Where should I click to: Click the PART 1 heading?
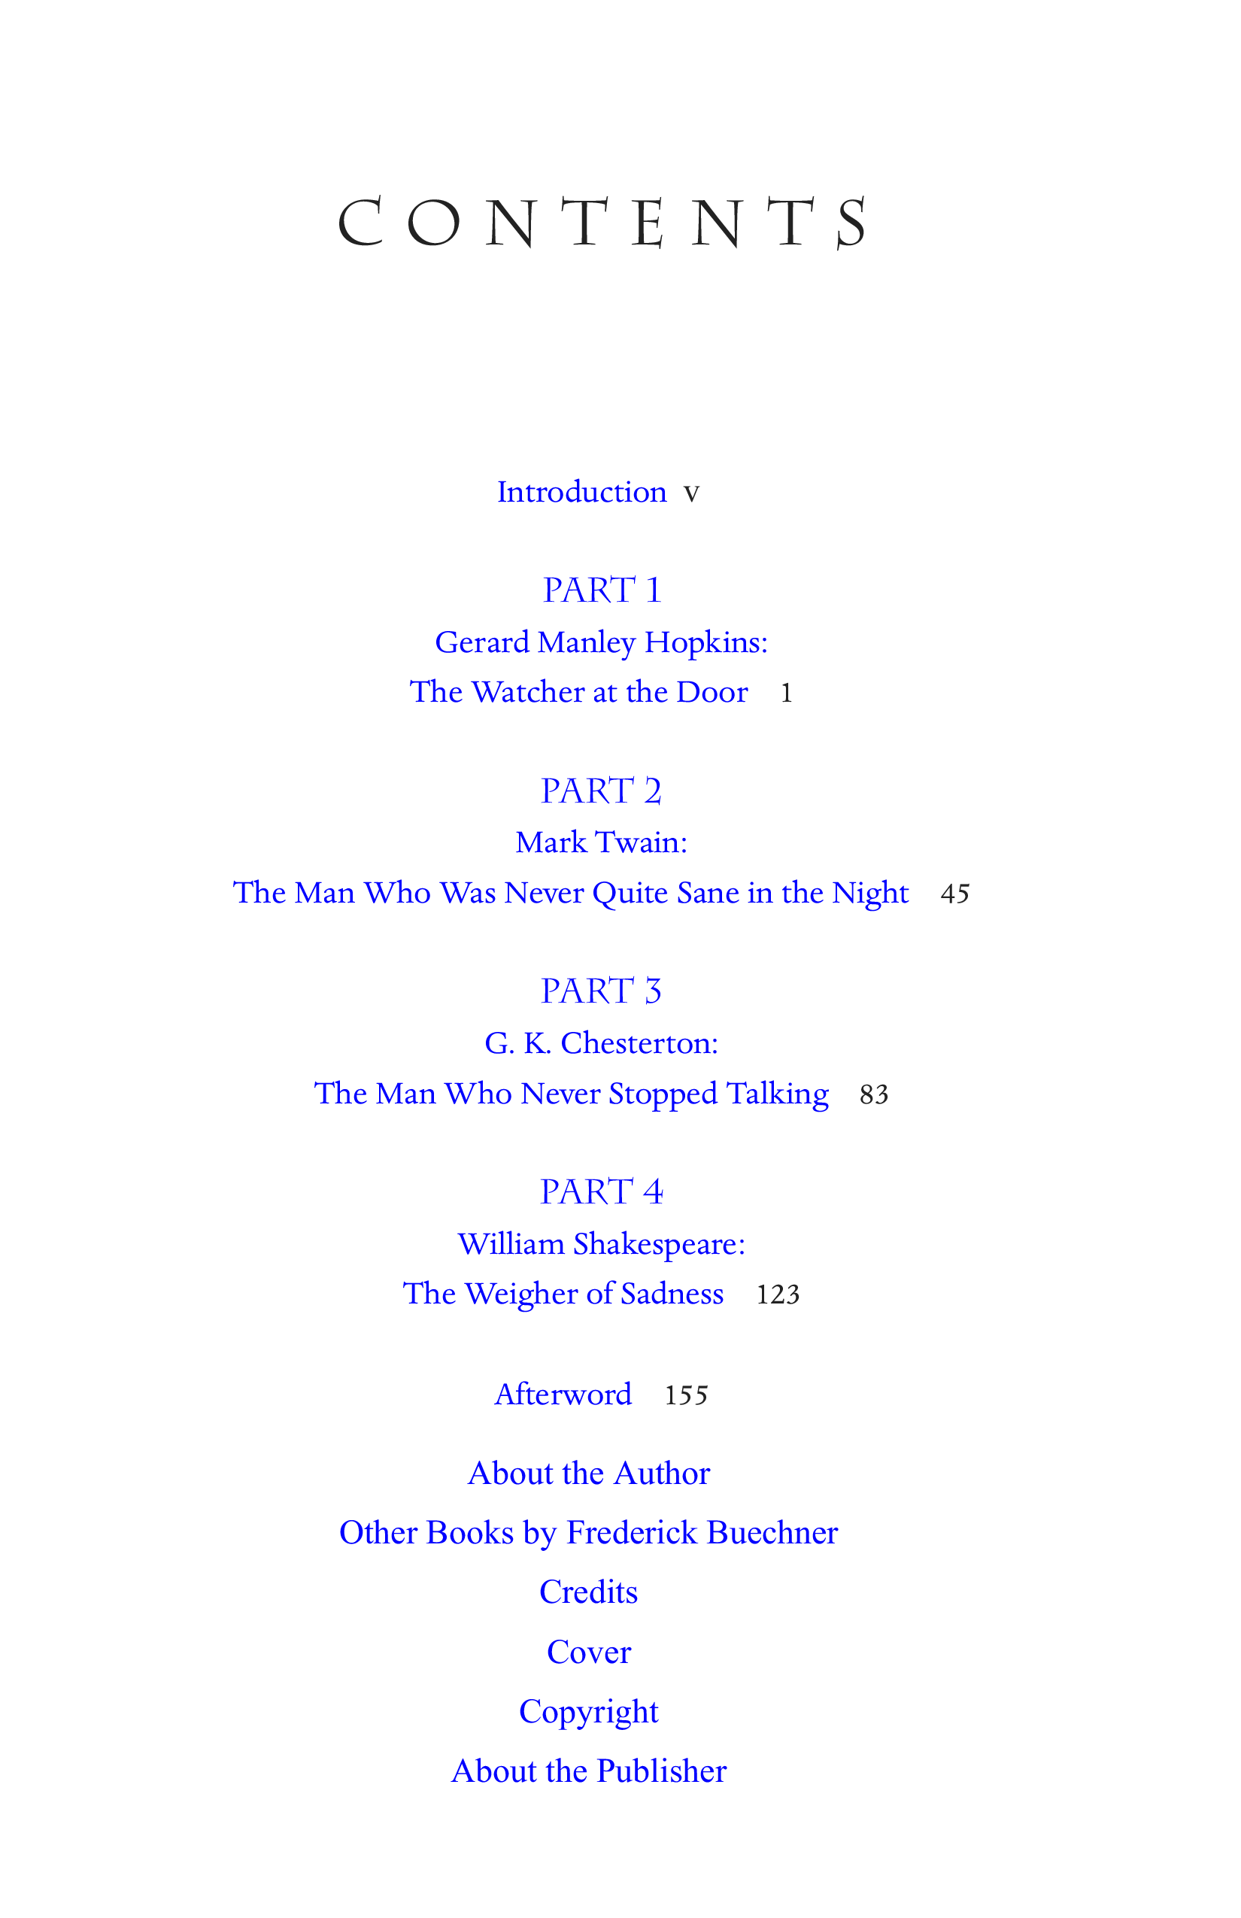(x=601, y=590)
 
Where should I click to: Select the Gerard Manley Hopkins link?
(x=601, y=642)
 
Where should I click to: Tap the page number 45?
(x=955, y=894)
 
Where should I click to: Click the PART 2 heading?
(x=601, y=791)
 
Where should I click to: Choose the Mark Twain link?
(x=601, y=843)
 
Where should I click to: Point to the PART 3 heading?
(x=601, y=991)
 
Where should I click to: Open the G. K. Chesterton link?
(x=601, y=1044)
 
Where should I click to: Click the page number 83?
(x=873, y=1094)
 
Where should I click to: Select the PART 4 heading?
(x=601, y=1192)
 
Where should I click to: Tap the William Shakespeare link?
(x=601, y=1244)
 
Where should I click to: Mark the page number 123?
(x=778, y=1294)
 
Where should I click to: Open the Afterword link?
(x=563, y=1394)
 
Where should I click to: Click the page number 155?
(x=686, y=1396)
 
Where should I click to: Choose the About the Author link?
(x=589, y=1473)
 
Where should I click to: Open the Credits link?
(x=589, y=1592)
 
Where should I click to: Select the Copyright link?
(x=589, y=1712)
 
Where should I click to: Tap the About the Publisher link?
(x=589, y=1771)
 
